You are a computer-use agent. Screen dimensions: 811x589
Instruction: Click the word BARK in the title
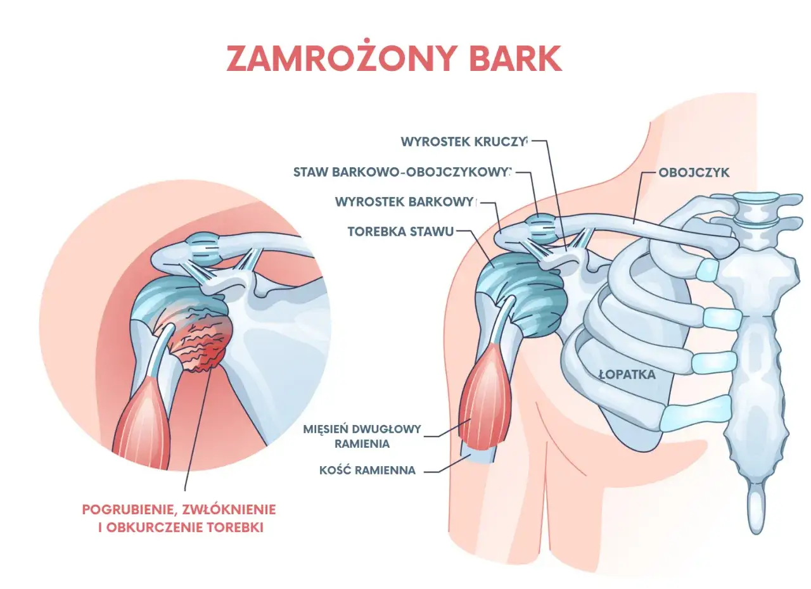[x=516, y=58]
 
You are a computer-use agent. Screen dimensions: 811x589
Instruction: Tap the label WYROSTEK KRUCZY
[x=464, y=142]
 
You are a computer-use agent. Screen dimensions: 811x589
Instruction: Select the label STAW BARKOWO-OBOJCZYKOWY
[x=402, y=172]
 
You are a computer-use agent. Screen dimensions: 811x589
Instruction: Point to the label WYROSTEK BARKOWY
[x=405, y=202]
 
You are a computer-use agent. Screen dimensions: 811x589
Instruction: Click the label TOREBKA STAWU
[x=401, y=232]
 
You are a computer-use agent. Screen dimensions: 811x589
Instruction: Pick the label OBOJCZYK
[x=694, y=172]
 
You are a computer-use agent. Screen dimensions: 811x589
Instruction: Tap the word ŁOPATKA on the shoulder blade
[x=627, y=374]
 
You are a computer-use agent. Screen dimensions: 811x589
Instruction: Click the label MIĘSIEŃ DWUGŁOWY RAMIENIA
[x=362, y=436]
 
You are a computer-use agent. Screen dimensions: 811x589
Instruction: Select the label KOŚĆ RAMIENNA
[x=367, y=471]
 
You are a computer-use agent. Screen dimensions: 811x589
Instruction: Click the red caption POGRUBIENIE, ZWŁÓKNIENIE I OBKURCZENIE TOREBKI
[x=179, y=519]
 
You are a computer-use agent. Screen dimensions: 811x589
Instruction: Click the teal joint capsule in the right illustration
[x=521, y=293]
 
